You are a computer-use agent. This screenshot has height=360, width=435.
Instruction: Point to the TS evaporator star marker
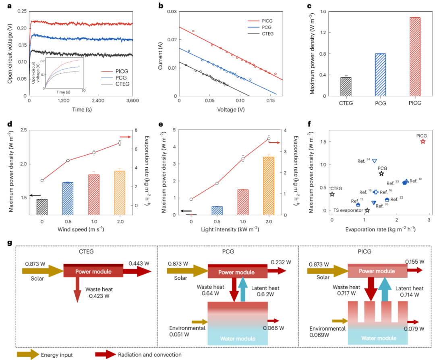pyautogui.click(x=367, y=210)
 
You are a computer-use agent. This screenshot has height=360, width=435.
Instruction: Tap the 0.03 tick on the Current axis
pyautogui.click(x=171, y=12)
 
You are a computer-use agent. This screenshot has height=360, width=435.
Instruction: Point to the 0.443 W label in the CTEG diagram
pyautogui.click(x=139, y=264)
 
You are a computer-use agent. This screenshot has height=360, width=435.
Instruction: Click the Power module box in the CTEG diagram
pyautogui.click(x=93, y=271)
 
